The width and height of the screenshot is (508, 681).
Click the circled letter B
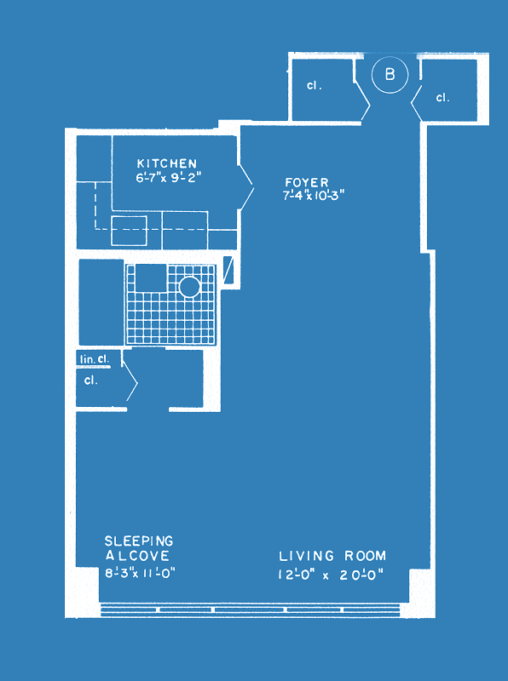pyautogui.click(x=390, y=75)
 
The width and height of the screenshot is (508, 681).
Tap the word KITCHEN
pyautogui.click(x=167, y=163)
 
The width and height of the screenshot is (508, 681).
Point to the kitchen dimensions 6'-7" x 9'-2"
pyautogui.click(x=170, y=178)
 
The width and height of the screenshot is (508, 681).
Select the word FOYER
pyautogui.click(x=307, y=182)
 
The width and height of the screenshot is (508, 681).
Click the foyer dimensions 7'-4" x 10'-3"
pyautogui.click(x=314, y=196)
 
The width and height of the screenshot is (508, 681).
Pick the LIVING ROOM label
pyautogui.click(x=332, y=556)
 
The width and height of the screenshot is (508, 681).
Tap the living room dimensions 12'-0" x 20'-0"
pyautogui.click(x=332, y=575)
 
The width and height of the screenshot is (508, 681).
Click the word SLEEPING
pyautogui.click(x=139, y=541)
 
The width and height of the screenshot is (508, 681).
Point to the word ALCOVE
pyautogui.click(x=138, y=556)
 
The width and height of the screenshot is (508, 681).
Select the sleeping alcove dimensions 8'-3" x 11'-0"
pyautogui.click(x=140, y=573)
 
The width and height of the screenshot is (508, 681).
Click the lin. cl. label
pyautogui.click(x=95, y=359)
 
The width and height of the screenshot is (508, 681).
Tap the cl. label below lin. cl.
pyautogui.click(x=90, y=381)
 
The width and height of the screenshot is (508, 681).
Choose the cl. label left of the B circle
pyautogui.click(x=314, y=86)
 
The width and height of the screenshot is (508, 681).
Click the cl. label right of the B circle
pyautogui.click(x=442, y=98)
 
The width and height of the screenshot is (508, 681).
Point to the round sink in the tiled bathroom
pyautogui.click(x=189, y=287)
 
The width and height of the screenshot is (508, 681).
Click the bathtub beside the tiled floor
pyautogui.click(x=101, y=302)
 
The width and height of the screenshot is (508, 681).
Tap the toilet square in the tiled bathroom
pyautogui.click(x=151, y=278)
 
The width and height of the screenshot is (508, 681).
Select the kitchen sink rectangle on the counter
pyautogui.click(x=129, y=231)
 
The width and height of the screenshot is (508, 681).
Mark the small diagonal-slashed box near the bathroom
pyautogui.click(x=228, y=270)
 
